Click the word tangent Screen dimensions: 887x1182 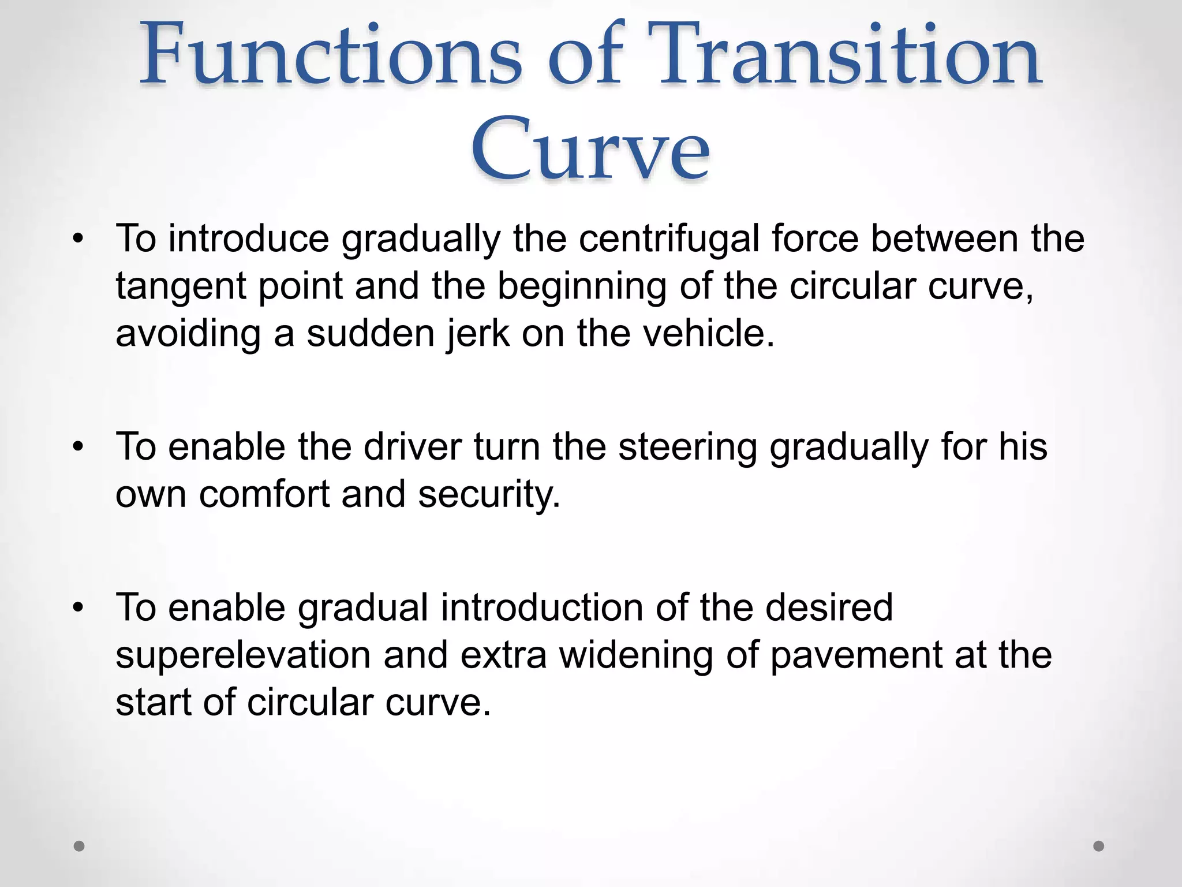(181, 287)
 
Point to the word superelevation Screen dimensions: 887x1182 (243, 656)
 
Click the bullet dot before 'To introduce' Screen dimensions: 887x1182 (79, 238)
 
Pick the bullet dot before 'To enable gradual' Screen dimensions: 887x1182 (79, 608)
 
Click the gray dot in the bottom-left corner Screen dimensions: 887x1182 (80, 846)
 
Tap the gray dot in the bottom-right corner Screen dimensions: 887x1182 (1099, 846)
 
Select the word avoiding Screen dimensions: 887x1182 (188, 334)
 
